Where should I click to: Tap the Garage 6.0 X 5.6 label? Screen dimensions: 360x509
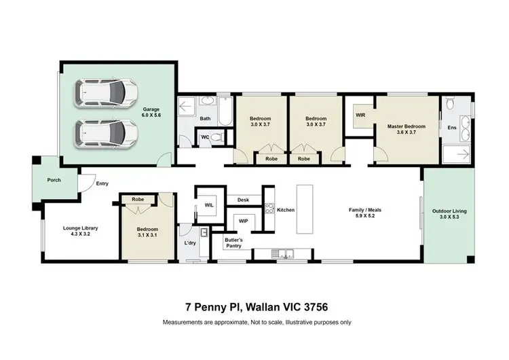(151, 113)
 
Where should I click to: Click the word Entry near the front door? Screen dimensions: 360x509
(102, 183)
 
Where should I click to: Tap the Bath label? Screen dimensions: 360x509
(204, 120)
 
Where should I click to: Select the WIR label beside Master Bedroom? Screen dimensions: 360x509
(360, 115)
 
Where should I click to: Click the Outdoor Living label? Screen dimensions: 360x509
(449, 215)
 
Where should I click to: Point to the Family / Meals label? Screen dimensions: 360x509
(365, 213)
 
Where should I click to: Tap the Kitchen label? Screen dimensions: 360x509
(286, 210)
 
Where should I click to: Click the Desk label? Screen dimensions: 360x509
(244, 200)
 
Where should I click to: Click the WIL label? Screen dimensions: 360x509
(209, 204)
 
